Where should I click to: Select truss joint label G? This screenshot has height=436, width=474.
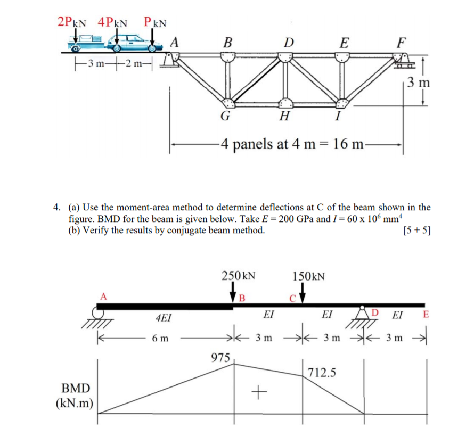click(x=225, y=116)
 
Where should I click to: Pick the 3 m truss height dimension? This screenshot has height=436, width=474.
click(x=418, y=82)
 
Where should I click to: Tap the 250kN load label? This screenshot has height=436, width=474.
click(x=238, y=276)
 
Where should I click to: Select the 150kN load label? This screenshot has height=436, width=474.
click(x=309, y=276)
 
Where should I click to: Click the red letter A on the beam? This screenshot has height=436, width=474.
click(x=104, y=296)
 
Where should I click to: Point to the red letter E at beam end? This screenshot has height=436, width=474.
click(x=425, y=314)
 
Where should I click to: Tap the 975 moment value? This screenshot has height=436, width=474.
click(x=220, y=356)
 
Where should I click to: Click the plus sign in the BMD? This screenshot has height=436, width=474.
click(x=258, y=392)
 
